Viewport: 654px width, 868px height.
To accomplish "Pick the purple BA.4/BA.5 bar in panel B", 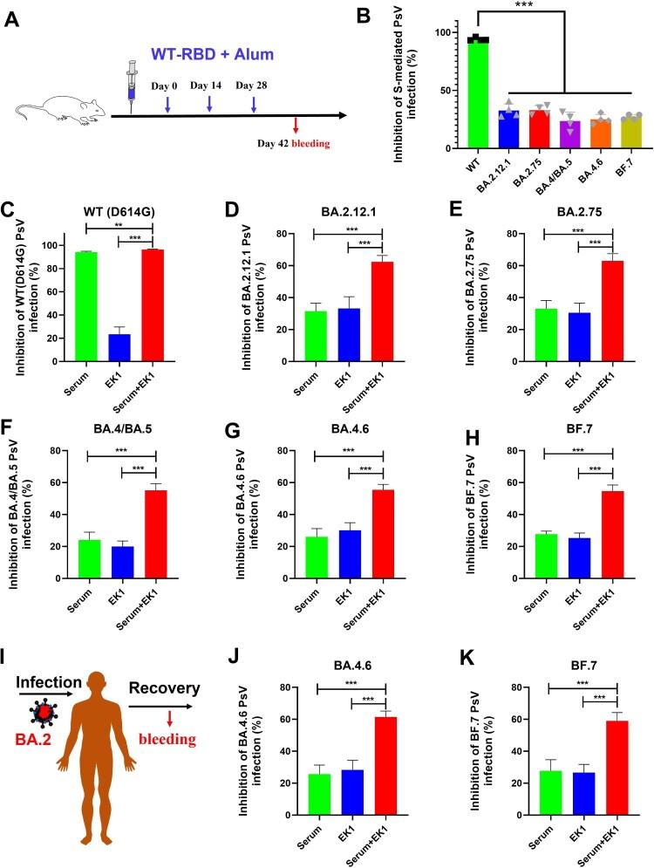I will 546,134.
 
